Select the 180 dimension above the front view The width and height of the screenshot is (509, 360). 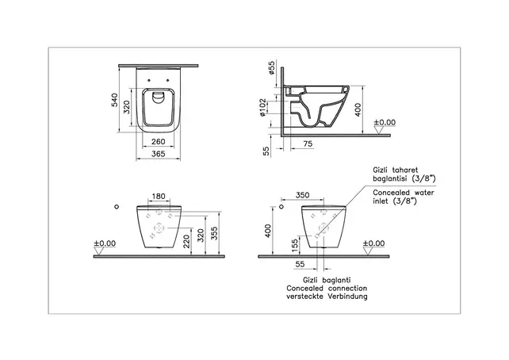coord(157,195)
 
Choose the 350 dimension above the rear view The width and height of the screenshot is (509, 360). coord(302,195)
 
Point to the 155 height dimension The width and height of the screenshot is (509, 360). coord(294,245)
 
